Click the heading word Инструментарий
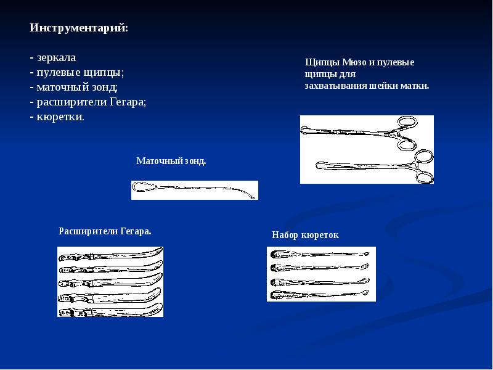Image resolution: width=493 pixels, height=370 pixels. tap(78, 28)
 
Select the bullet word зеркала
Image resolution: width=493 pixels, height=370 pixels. tap(56, 58)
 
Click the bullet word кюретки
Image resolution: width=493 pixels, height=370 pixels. tap(60, 117)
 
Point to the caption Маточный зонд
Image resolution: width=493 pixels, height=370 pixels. tap(171, 161)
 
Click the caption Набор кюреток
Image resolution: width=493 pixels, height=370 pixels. tap(305, 235)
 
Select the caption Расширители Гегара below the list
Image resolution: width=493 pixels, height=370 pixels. tap(105, 231)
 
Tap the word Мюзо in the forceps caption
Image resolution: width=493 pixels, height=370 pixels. tap(354, 62)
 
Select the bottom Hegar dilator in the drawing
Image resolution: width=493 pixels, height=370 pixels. tap(111, 310)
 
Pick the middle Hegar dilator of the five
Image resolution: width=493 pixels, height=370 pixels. tap(111, 281)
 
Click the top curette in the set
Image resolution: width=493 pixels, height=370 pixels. tap(320, 253)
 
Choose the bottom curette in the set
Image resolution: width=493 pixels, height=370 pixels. tap(319, 295)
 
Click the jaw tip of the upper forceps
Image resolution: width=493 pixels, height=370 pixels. tap(303, 130)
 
